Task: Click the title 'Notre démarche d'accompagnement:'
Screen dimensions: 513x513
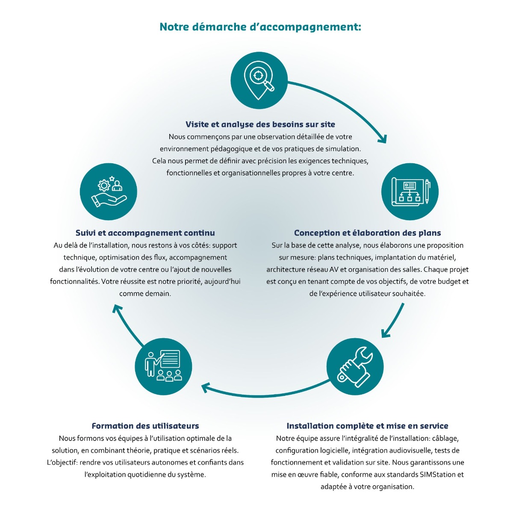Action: click(x=260, y=27)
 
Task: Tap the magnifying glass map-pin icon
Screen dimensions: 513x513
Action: click(x=259, y=80)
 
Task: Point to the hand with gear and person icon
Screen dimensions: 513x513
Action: click(x=109, y=192)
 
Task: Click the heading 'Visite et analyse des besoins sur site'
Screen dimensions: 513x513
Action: click(x=260, y=124)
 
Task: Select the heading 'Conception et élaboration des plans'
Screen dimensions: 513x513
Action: click(x=367, y=233)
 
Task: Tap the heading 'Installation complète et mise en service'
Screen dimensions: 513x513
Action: click(x=367, y=426)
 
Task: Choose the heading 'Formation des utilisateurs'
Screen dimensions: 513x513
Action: click(x=145, y=426)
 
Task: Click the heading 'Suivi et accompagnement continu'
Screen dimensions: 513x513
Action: click(x=145, y=233)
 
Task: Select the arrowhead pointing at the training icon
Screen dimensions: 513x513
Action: click(x=205, y=387)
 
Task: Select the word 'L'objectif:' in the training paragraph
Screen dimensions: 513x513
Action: click(x=62, y=463)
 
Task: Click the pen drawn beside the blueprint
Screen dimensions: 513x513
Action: click(x=427, y=192)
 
